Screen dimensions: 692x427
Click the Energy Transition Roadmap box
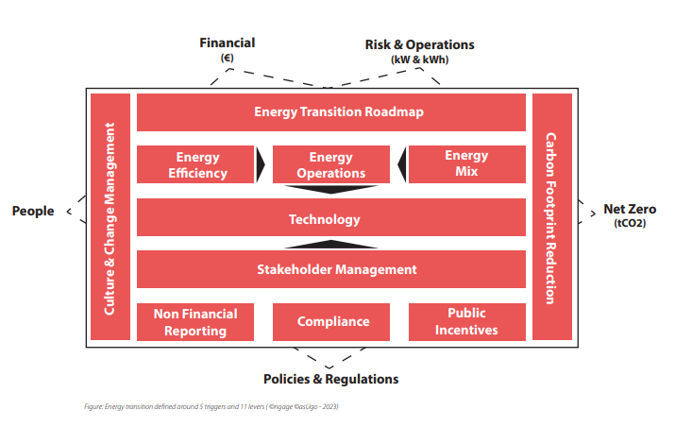tap(331, 112)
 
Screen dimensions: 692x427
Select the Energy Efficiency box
tap(195, 164)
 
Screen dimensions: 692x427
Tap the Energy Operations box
tap(331, 164)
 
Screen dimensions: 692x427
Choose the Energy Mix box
tap(467, 164)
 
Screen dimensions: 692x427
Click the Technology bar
tap(331, 217)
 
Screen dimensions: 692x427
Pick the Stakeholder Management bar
tap(331, 269)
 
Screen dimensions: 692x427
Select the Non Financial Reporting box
tap(195, 322)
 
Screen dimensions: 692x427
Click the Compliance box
tap(331, 322)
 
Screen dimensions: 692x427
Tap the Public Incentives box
tap(467, 322)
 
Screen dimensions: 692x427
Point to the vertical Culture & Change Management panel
tap(110, 217)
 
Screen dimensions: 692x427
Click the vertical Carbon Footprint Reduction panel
tap(552, 217)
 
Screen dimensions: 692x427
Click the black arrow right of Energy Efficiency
tap(261, 164)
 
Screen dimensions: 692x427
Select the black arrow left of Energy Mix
tap(402, 164)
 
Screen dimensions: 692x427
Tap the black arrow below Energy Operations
tap(331, 190)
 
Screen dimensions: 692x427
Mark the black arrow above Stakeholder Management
tap(331, 244)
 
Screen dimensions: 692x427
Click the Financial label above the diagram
tap(228, 43)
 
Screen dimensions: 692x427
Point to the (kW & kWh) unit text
tap(420, 60)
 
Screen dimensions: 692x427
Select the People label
tap(33, 211)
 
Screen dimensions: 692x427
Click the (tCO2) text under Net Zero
tap(630, 223)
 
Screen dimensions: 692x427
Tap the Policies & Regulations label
tap(331, 380)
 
